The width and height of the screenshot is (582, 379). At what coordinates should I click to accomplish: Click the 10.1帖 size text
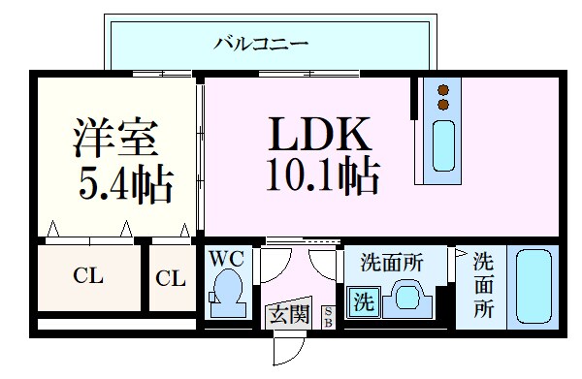coord(319,175)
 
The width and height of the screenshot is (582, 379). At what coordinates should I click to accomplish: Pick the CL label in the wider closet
coord(89,276)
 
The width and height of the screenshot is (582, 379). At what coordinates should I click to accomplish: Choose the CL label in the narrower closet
coord(171,279)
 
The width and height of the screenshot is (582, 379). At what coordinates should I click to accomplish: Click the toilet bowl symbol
coord(228,290)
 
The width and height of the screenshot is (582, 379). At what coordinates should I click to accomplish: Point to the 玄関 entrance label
coord(288,314)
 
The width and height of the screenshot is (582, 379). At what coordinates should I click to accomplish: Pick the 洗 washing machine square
coord(362,301)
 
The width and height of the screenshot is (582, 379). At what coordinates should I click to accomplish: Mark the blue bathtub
coord(532,287)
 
